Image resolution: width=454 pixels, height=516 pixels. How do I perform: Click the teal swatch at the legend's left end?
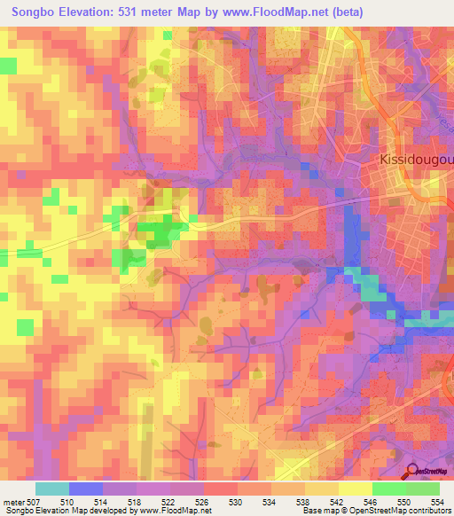point(52,489)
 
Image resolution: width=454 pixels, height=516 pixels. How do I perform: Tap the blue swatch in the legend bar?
point(86,489)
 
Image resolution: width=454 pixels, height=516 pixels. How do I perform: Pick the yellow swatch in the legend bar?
point(356,489)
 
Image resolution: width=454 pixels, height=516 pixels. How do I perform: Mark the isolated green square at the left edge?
point(8,66)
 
